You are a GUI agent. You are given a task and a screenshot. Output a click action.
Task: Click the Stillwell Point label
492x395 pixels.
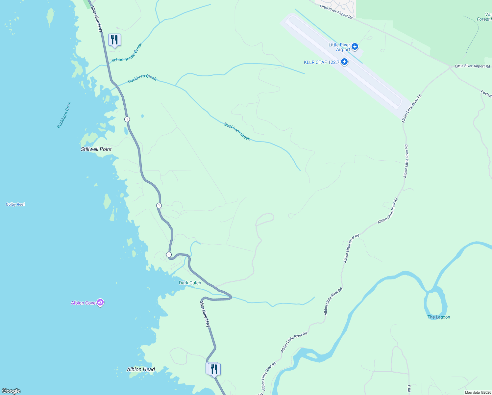[96, 149]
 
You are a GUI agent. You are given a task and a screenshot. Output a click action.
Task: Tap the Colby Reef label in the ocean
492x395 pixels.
[15, 204]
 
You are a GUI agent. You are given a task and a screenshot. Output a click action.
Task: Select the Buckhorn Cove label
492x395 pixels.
[64, 115]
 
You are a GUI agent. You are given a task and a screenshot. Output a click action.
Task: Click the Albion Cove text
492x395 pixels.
[83, 303]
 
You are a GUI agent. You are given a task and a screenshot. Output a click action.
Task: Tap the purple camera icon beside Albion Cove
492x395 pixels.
[101, 303]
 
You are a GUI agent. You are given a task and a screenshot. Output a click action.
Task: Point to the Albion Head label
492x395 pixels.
[141, 369]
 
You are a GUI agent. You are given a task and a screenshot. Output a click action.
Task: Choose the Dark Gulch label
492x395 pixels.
[190, 283]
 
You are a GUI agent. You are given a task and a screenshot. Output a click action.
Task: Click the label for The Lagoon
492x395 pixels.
[439, 317]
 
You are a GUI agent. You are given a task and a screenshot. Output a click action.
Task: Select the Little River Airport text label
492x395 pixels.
[339, 47]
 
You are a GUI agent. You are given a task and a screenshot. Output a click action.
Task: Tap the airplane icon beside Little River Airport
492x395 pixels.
[355, 46]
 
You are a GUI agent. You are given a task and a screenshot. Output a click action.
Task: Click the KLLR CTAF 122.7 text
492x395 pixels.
[322, 62]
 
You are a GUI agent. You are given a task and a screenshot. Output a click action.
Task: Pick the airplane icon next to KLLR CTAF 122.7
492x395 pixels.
[344, 62]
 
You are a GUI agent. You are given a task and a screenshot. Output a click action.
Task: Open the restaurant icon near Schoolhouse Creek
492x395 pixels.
[114, 40]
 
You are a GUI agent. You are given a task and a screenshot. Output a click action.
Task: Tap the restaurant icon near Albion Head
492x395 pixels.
[214, 369]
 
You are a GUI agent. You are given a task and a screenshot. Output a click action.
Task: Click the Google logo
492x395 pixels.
[11, 391]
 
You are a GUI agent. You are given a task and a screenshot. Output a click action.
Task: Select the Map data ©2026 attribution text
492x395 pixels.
[478, 392]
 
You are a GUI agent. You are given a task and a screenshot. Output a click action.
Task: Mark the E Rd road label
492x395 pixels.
[409, 388]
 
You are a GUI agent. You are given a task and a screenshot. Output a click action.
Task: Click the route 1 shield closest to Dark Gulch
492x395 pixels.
[169, 254]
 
